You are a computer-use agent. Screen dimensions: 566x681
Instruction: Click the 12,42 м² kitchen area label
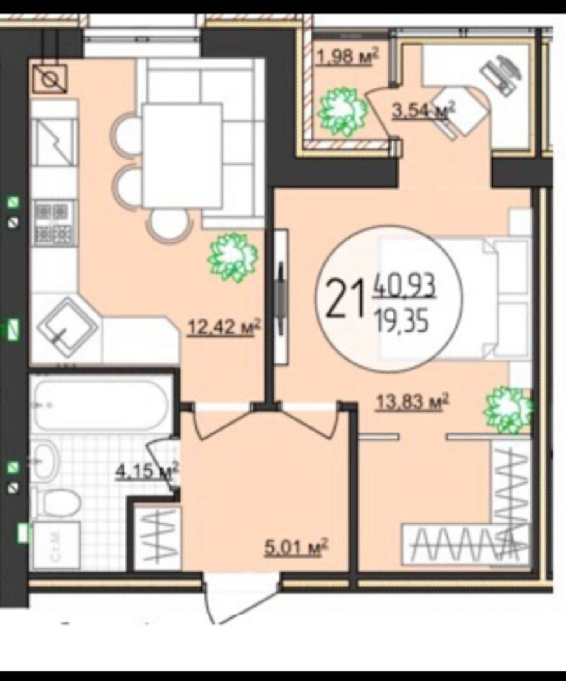click(x=223, y=327)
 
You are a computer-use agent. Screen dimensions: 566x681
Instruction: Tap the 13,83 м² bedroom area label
click(x=412, y=402)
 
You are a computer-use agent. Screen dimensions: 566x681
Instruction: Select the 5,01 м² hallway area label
click(x=296, y=548)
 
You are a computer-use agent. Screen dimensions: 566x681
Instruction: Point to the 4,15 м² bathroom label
click(x=147, y=471)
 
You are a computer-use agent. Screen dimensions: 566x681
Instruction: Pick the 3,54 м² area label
click(x=423, y=110)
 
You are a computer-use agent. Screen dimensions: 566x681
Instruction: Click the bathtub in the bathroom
click(x=101, y=405)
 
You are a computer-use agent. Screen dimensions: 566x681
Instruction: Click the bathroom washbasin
click(x=45, y=460)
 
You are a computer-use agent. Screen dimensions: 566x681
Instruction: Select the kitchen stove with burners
click(x=54, y=223)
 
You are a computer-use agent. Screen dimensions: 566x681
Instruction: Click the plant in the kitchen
click(x=233, y=256)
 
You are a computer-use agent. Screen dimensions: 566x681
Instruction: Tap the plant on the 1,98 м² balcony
click(x=343, y=113)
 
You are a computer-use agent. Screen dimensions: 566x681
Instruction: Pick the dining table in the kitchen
click(x=183, y=157)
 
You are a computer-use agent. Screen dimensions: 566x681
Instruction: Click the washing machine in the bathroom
click(x=57, y=545)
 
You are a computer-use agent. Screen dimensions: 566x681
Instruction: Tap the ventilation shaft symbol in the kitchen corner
click(x=50, y=79)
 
